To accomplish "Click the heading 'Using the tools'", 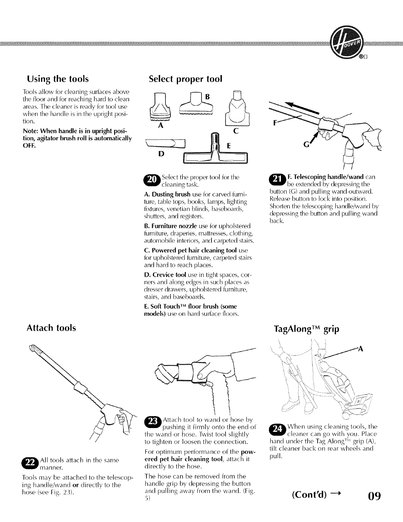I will point(58,79).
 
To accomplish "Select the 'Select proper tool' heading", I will point(185,79).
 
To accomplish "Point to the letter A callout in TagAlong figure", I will point(360,349).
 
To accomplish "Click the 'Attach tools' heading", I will point(51,328).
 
